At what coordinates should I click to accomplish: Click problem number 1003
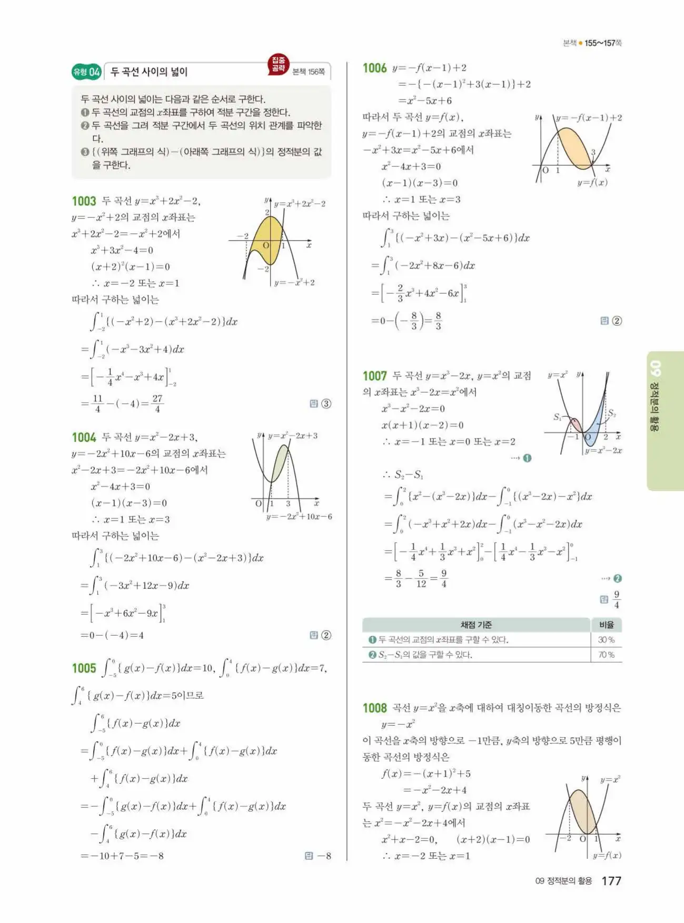[x=84, y=201]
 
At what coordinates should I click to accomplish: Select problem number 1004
[x=84, y=437]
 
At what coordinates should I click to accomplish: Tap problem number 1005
[x=84, y=668]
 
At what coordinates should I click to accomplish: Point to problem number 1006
[x=374, y=68]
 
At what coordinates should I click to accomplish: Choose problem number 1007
[x=374, y=376]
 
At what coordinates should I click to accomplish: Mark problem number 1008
[x=374, y=708]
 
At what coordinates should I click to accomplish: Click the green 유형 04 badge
[x=86, y=72]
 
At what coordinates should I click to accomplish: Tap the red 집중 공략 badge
[x=278, y=64]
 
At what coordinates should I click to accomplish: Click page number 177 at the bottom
[x=611, y=881]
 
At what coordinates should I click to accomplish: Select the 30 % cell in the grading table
[x=606, y=640]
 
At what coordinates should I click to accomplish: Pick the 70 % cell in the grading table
[x=606, y=655]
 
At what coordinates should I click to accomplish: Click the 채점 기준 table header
[x=476, y=625]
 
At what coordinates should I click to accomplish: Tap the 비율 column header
[x=606, y=625]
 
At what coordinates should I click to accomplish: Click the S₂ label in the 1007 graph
[x=611, y=414]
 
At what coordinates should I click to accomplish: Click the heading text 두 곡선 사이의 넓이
[x=149, y=72]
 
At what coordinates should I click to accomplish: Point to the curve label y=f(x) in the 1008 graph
[x=607, y=855]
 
